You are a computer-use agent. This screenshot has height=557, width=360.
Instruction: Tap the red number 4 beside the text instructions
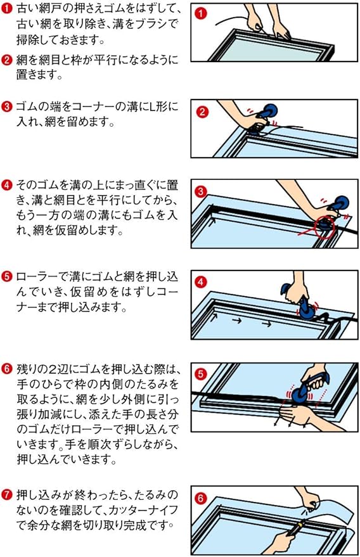[x=7, y=186]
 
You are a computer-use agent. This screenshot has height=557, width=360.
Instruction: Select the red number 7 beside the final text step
[x=7, y=495]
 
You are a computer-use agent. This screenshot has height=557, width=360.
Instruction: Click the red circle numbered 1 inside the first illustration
[x=201, y=14]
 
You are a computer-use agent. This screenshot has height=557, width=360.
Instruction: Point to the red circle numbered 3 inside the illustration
[x=201, y=192]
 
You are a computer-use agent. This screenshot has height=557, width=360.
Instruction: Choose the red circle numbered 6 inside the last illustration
[x=201, y=497]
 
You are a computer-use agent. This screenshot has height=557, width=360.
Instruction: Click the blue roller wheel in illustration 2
[x=271, y=111]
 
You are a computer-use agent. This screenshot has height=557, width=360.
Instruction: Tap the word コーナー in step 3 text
[x=94, y=107]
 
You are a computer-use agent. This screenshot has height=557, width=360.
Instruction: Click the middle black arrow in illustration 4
[x=237, y=321]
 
